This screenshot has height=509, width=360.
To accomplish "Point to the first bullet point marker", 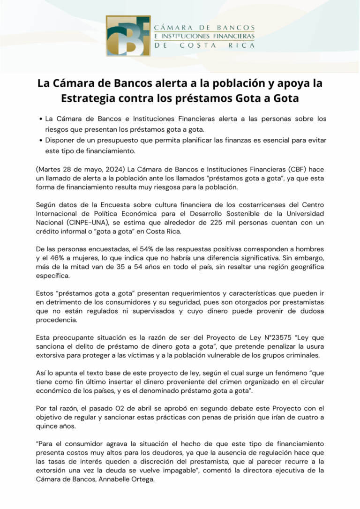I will click(x=41, y=120).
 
